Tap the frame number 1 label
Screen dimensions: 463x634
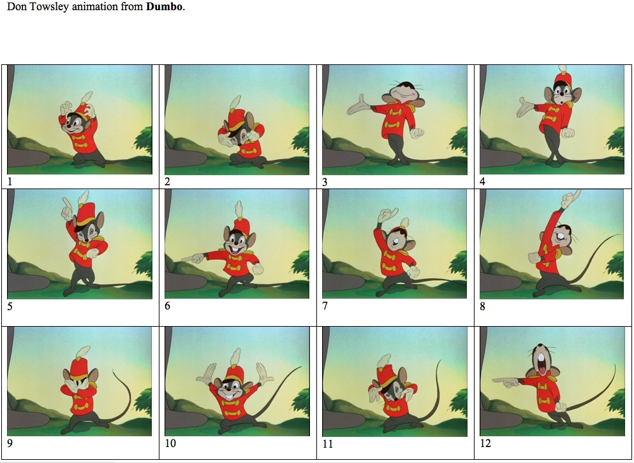point(10,182)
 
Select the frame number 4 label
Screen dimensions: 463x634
point(483,182)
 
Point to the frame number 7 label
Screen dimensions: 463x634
point(325,306)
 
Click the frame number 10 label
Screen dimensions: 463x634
point(170,443)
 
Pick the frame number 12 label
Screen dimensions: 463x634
point(485,443)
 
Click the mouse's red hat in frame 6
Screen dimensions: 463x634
point(240,225)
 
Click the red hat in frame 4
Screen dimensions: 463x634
point(561,80)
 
